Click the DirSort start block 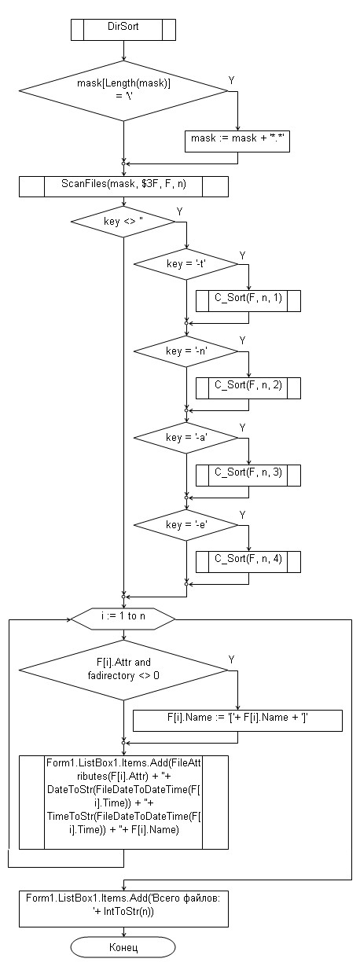coord(123,30)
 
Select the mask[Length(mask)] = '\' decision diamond coord(123,91)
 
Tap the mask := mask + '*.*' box coord(237,141)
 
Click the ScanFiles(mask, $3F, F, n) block coord(123,187)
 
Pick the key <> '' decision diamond coord(123,222)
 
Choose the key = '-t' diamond coord(186,264)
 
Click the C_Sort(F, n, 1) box coord(248,301)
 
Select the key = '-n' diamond coord(186,351)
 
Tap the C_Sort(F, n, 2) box coord(248,388)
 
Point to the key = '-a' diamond coord(186,438)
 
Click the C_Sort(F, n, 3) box coord(248,476)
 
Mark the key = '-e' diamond coord(186,525)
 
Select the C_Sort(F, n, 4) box coord(248,562)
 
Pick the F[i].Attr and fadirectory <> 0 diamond coord(123,670)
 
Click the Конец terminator coord(123,947)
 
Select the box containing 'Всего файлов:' coord(123,908)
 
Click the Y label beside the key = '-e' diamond coord(243,515)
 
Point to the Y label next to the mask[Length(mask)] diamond coord(232,80)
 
